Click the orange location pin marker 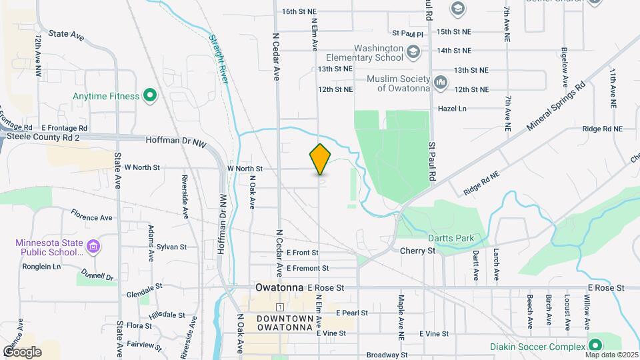pos(321,159)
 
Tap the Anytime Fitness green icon pos(150,96)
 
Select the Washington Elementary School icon pos(413,51)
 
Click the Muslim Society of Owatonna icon pos(441,83)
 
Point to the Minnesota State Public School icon pos(94,247)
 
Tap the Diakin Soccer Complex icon pos(595,345)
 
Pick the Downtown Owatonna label pos(285,323)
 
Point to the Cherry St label pos(417,251)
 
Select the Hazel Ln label pos(452,108)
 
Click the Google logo pos(22,351)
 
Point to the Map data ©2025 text pos(611,355)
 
